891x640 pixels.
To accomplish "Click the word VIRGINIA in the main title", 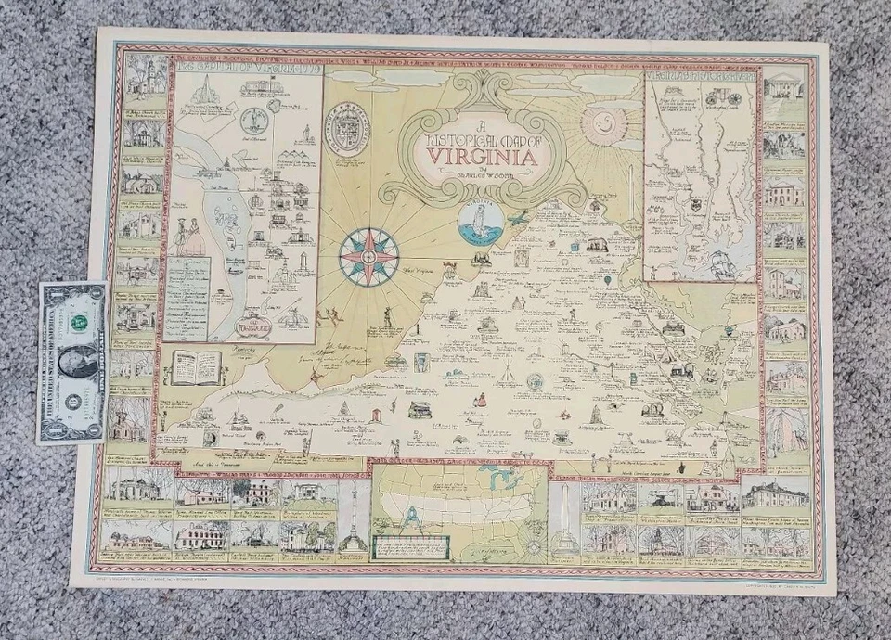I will point(478,155).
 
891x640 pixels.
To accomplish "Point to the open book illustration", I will point(195,366).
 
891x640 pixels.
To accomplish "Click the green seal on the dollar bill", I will point(81,322).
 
